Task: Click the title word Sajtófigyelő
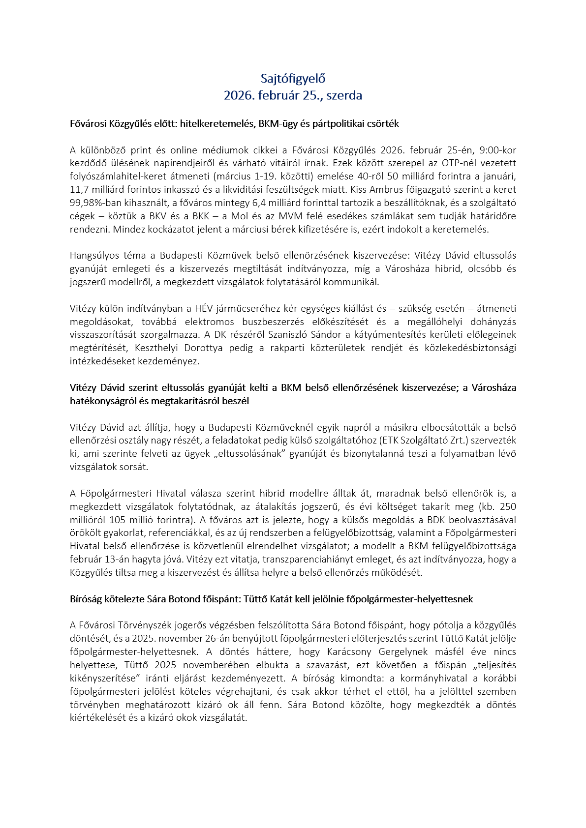(x=293, y=79)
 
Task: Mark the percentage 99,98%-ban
(x=94, y=203)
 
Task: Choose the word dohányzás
(x=491, y=322)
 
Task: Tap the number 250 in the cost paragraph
(x=507, y=507)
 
